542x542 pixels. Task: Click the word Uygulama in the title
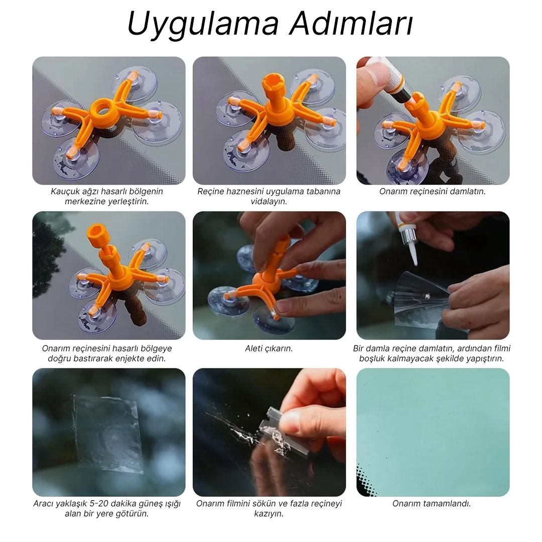[203, 24]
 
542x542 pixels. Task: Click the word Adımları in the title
[351, 23]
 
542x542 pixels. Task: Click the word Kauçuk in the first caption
[64, 191]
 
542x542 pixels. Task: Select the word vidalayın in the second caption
[268, 201]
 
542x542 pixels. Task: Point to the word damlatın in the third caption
[468, 191]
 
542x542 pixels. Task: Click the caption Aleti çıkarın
[268, 348]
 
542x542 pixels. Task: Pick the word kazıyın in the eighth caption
[268, 514]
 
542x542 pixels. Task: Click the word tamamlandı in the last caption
[448, 504]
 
